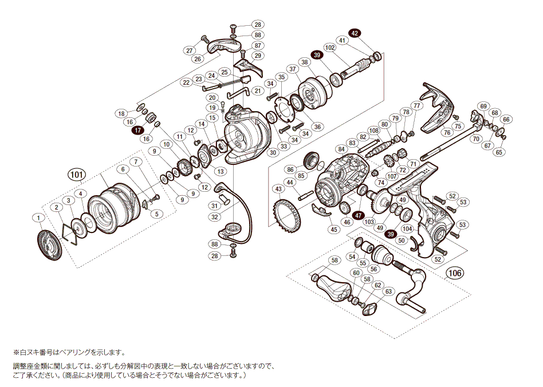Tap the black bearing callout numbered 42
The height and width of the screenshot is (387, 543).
pos(355,33)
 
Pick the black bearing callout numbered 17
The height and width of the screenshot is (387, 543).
pos(137,131)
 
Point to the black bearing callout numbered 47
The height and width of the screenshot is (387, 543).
pos(359,215)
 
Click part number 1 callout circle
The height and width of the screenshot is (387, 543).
pos(38,218)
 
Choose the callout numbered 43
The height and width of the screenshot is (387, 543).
pos(279,189)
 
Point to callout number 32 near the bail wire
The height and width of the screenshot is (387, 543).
pos(215,217)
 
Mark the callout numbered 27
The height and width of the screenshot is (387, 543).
pos(190,50)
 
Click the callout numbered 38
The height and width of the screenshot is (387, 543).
pos(304,62)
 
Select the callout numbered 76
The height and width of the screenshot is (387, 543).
pos(447,132)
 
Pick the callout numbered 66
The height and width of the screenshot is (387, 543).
pos(506,119)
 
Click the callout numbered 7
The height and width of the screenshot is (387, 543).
pos(135,162)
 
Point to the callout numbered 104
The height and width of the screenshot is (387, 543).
pos(407,228)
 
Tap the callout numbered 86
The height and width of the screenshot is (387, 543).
pos(290,169)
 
